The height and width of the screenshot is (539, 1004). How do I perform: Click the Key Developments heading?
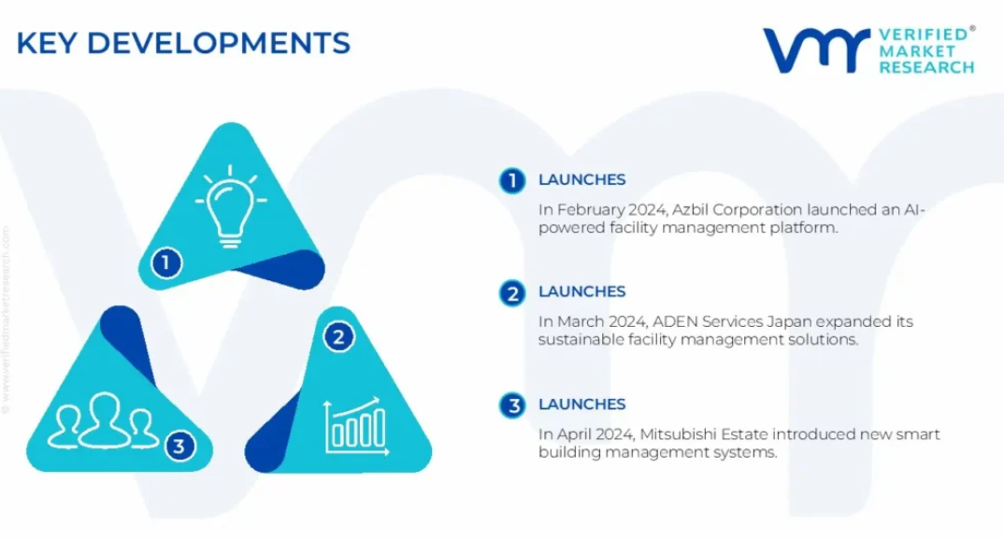(x=183, y=44)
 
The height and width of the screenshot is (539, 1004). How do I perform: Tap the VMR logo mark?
(x=816, y=50)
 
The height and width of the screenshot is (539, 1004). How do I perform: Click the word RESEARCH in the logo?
(x=926, y=67)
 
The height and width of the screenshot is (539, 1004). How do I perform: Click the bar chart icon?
(x=356, y=426)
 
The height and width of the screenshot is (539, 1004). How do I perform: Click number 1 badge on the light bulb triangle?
(x=166, y=262)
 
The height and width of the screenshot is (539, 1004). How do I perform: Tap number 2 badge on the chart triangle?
(x=338, y=336)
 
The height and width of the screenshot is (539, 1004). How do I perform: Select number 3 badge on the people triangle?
(x=179, y=446)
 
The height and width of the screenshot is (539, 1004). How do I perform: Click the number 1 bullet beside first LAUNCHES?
(x=512, y=180)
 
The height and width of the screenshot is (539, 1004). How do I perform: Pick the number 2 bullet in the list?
(x=512, y=293)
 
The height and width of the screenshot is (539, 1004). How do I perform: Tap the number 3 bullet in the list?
(x=512, y=405)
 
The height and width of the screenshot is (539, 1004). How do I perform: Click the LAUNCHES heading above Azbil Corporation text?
(x=581, y=180)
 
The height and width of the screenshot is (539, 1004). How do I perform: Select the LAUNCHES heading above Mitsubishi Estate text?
(x=581, y=404)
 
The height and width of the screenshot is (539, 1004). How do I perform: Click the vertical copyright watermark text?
(x=6, y=320)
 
